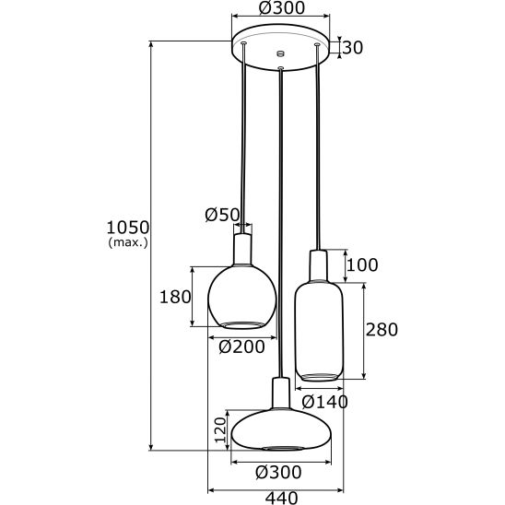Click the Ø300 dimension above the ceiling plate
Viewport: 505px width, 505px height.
[x=282, y=7]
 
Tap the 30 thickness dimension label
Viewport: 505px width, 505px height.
[x=352, y=47]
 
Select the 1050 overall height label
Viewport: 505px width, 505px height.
[x=128, y=228]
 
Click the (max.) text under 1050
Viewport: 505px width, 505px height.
[x=128, y=242]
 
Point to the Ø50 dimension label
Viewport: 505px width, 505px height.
[x=222, y=215]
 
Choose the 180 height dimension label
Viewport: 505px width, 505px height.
[x=175, y=297]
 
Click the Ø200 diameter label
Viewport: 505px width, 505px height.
[x=241, y=346]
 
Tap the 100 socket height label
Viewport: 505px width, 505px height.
[x=362, y=265]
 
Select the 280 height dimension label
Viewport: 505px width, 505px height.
[x=382, y=330]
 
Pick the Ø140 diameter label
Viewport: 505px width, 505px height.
[x=325, y=402]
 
